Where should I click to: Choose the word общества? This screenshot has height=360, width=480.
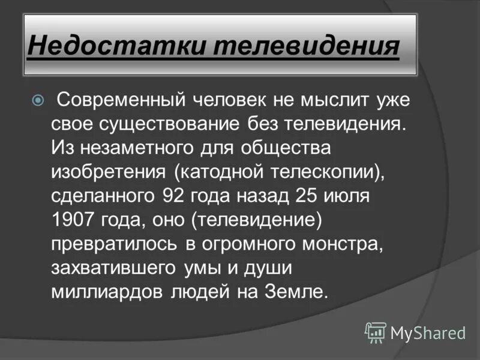[x=287, y=148]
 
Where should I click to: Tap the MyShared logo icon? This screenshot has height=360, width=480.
[x=375, y=332]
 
